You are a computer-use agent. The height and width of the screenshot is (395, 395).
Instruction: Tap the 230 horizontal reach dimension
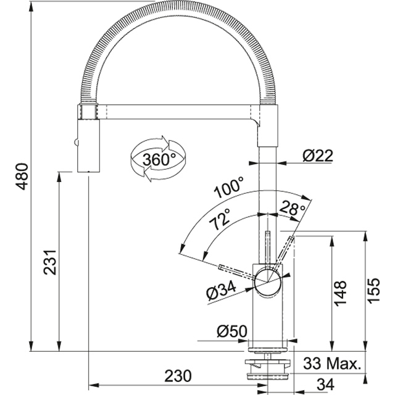179,375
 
